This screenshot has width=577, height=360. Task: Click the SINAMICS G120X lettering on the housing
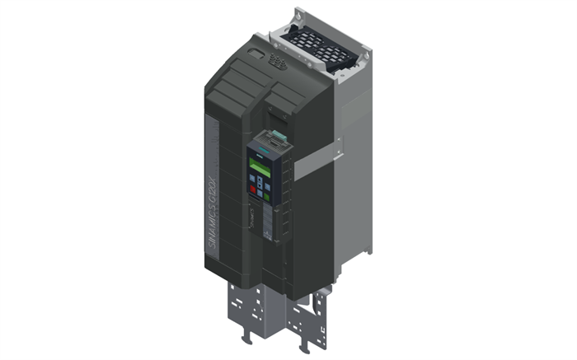point(210,194)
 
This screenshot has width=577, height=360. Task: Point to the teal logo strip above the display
point(257,157)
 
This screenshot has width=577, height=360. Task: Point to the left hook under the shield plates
point(245,337)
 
